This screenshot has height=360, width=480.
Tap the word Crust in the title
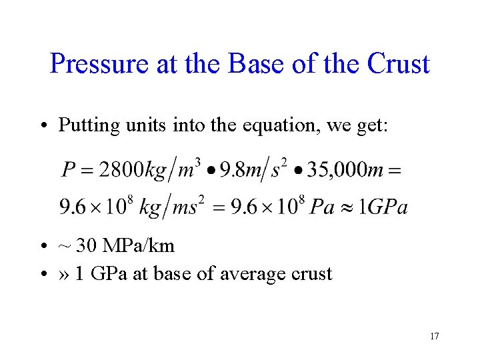click(398, 64)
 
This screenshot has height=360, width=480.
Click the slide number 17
click(434, 336)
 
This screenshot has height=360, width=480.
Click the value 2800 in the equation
click(121, 170)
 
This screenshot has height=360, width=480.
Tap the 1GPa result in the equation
click(383, 207)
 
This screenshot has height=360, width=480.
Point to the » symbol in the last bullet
click(64, 274)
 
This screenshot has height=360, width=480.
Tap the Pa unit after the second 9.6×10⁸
click(322, 207)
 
